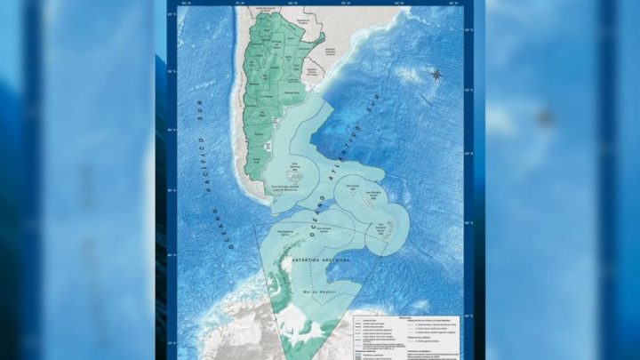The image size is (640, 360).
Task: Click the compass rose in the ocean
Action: click(436, 74)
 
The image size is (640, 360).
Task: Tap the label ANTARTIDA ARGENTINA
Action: click(316, 260)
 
